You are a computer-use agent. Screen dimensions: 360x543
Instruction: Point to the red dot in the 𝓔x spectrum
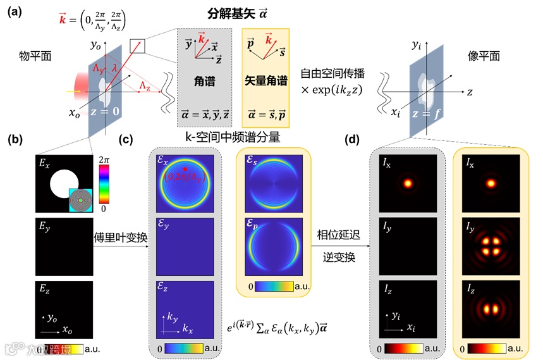pos(184,170)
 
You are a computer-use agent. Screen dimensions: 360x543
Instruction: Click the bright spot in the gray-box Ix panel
pos(408,183)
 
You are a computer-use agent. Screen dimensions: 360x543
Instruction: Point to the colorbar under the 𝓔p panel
pos(274,286)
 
